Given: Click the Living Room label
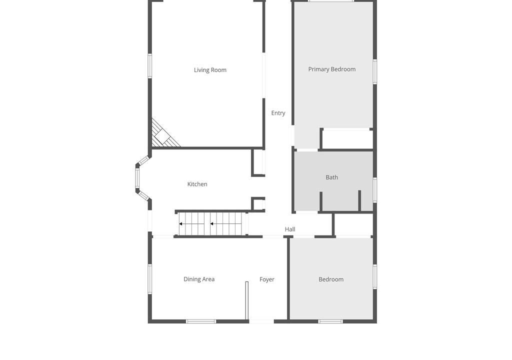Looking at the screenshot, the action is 210,70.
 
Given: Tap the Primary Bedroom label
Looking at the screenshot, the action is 332,69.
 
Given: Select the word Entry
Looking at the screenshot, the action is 278,113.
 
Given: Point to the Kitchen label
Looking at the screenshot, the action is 197,184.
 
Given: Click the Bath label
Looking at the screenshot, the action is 332,177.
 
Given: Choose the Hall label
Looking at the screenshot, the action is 290,229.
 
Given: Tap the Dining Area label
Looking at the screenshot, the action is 199,279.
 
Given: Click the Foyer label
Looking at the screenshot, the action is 267,279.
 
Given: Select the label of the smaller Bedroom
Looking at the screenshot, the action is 331,279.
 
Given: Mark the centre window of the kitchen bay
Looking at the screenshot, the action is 137,178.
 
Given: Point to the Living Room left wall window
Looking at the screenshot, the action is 150,66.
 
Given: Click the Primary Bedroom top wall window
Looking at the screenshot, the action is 331,1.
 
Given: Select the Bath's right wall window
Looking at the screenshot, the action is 375,190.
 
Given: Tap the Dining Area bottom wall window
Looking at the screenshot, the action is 201,321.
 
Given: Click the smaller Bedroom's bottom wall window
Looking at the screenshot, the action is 330,321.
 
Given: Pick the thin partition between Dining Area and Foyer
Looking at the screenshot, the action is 247,300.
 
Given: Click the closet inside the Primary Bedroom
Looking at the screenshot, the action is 347,139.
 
